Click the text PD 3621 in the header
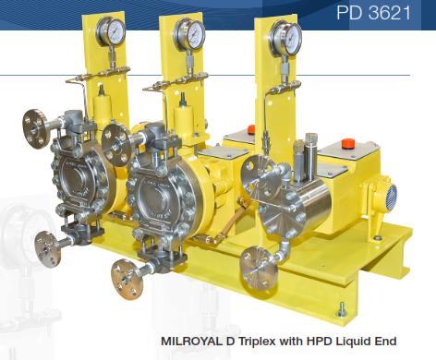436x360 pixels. tap(373, 13)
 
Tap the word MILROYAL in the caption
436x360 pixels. tap(191, 342)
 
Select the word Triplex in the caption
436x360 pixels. tap(257, 342)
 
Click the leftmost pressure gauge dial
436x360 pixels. tap(111, 31)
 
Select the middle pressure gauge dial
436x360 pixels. tap(189, 34)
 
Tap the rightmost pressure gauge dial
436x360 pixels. tap(285, 39)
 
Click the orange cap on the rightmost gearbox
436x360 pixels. tap(348, 143)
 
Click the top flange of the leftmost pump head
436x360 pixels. tap(34, 128)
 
